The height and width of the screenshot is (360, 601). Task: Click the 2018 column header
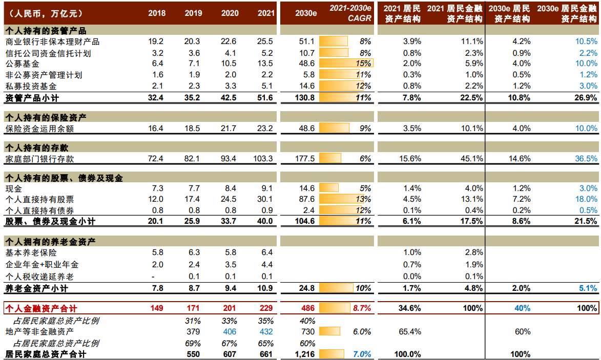(x=157, y=13)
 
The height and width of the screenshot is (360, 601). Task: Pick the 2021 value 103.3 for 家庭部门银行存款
(x=263, y=159)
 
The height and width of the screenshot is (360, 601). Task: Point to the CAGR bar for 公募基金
(x=346, y=63)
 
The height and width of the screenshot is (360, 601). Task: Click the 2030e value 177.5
(x=305, y=159)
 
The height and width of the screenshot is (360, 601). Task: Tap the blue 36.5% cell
(x=586, y=159)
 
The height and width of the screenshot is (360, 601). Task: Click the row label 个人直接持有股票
(x=39, y=199)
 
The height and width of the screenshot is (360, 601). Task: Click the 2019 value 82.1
(x=193, y=159)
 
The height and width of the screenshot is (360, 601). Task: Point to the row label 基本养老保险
(x=31, y=252)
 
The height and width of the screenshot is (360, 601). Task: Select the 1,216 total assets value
(x=304, y=354)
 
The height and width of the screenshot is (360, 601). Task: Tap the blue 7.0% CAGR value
(x=361, y=354)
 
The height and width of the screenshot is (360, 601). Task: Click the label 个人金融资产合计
(x=41, y=308)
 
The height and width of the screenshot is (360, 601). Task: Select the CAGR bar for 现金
(x=329, y=188)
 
